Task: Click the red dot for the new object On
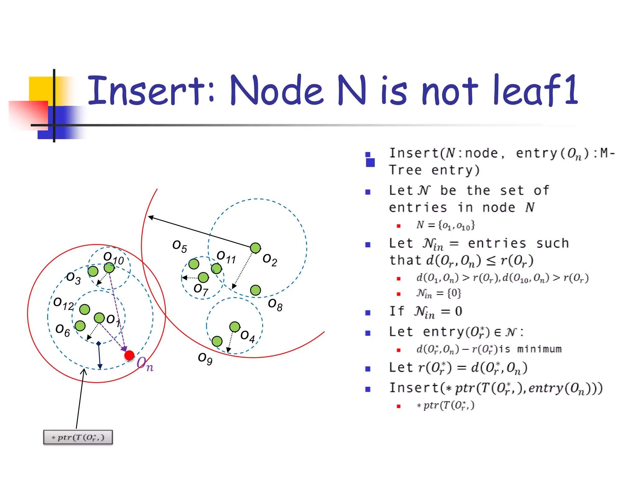click(x=129, y=355)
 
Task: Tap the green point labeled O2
click(x=255, y=248)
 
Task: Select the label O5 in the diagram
click(x=179, y=246)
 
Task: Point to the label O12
click(x=63, y=303)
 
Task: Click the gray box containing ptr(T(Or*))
click(x=78, y=437)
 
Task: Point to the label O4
click(x=248, y=336)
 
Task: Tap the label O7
click(x=201, y=289)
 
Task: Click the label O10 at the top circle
click(x=114, y=258)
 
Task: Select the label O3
click(x=73, y=278)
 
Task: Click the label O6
click(x=63, y=330)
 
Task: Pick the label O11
click(x=226, y=257)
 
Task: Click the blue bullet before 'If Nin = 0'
click(x=368, y=312)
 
